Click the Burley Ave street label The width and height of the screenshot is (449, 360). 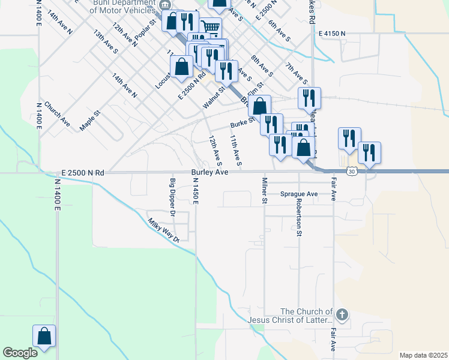click(x=209, y=172)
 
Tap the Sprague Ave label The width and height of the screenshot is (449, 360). click(x=298, y=194)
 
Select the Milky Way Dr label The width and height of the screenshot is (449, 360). click(x=164, y=230)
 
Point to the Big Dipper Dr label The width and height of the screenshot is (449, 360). click(x=172, y=197)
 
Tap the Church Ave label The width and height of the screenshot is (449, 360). click(x=57, y=114)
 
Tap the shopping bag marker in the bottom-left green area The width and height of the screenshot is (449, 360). click(x=44, y=336)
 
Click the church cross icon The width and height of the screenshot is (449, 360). click(x=342, y=314)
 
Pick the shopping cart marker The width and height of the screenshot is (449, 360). click(x=210, y=27)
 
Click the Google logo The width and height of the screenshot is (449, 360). click(x=20, y=353)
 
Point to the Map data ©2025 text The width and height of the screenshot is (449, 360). click(x=423, y=355)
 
